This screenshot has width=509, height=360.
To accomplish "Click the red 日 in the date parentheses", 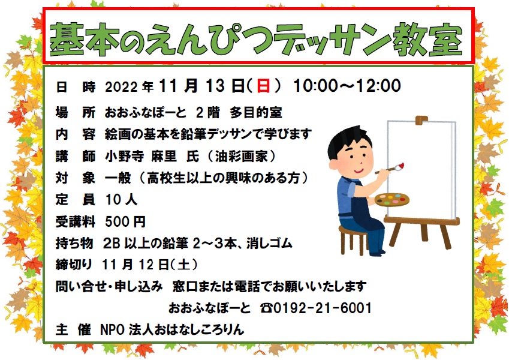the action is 263,86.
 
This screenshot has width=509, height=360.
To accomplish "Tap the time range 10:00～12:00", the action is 347,86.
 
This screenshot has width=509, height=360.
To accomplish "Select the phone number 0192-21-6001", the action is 323,308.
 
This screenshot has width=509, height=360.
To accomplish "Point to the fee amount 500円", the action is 125,221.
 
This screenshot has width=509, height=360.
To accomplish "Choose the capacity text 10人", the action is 122,200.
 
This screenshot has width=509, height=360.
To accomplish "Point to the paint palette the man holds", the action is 392,199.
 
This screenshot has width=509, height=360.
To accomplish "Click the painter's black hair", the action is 347,140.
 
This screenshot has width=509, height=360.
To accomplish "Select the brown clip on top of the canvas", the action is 421,119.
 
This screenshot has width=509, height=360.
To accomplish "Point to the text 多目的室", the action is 256,113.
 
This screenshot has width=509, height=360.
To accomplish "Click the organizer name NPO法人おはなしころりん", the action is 172,329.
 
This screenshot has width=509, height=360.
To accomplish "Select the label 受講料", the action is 75,221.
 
